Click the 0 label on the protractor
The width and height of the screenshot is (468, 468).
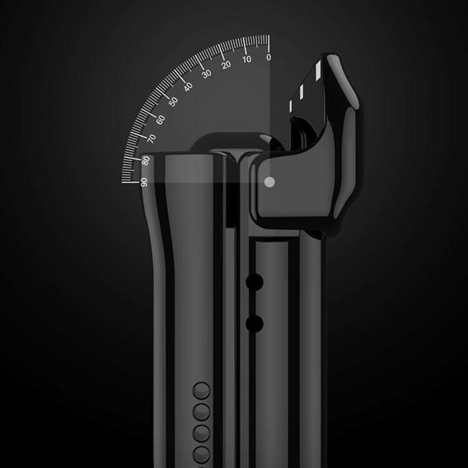click(x=268, y=57)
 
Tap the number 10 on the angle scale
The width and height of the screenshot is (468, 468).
click(x=246, y=59)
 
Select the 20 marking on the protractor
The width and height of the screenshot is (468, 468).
click(x=227, y=64)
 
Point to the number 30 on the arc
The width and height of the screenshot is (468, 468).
click(x=207, y=74)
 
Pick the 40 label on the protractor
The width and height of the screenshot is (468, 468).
click(x=188, y=87)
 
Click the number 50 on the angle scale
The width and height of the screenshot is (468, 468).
click(x=173, y=102)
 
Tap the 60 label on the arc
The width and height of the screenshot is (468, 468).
click(x=160, y=120)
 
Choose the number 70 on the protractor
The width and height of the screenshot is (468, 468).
click(x=152, y=139)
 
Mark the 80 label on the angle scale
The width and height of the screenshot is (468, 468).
click(x=145, y=160)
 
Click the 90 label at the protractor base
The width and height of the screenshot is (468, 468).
click(x=144, y=182)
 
